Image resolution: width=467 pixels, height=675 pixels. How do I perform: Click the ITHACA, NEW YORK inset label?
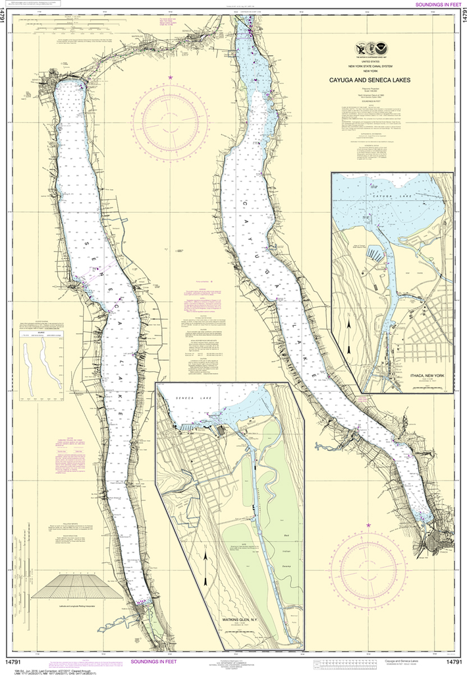427,375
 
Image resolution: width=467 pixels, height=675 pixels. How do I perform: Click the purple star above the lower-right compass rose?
369,525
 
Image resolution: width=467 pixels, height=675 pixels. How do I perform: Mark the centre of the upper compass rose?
170,119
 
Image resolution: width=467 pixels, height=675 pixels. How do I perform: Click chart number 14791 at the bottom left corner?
13,661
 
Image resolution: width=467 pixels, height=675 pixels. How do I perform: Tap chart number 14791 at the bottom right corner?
453,661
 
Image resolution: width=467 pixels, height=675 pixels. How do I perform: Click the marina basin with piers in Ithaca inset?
372,253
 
